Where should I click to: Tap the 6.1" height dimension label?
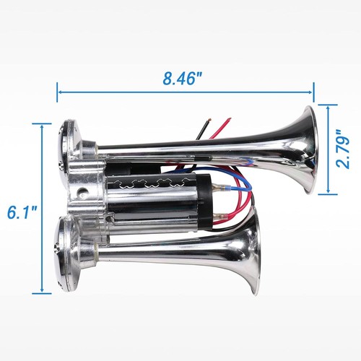click(x=22, y=212)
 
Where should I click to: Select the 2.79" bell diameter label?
click(x=343, y=149)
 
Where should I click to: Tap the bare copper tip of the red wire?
click(x=229, y=119)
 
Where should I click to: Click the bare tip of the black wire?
click(x=209, y=120)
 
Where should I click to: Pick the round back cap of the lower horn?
click(x=63, y=253)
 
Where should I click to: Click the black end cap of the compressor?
click(x=205, y=201)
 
